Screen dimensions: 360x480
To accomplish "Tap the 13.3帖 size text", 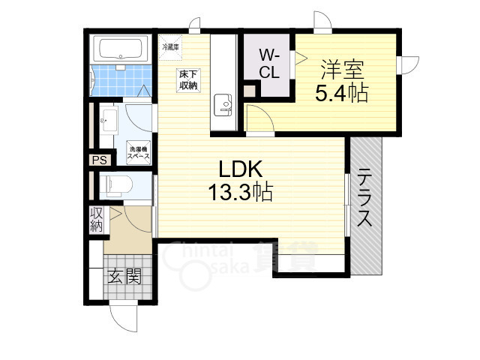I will pyautogui.click(x=240, y=193).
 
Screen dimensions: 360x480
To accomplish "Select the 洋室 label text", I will pyautogui.click(x=343, y=71).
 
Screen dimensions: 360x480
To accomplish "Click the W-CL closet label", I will pyautogui.click(x=269, y=63).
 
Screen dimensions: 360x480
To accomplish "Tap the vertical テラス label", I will pyautogui.click(x=365, y=199).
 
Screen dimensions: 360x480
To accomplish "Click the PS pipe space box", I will pyautogui.click(x=99, y=160).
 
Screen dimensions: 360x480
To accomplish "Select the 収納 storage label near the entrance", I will pyautogui.click(x=96, y=219).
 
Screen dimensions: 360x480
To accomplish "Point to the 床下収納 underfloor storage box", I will pyautogui.click(x=187, y=80).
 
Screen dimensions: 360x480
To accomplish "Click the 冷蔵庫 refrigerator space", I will pyautogui.click(x=169, y=46).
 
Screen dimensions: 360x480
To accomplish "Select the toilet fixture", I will pyautogui.click(x=116, y=184).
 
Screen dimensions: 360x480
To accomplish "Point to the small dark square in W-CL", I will pyautogui.click(x=249, y=91).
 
